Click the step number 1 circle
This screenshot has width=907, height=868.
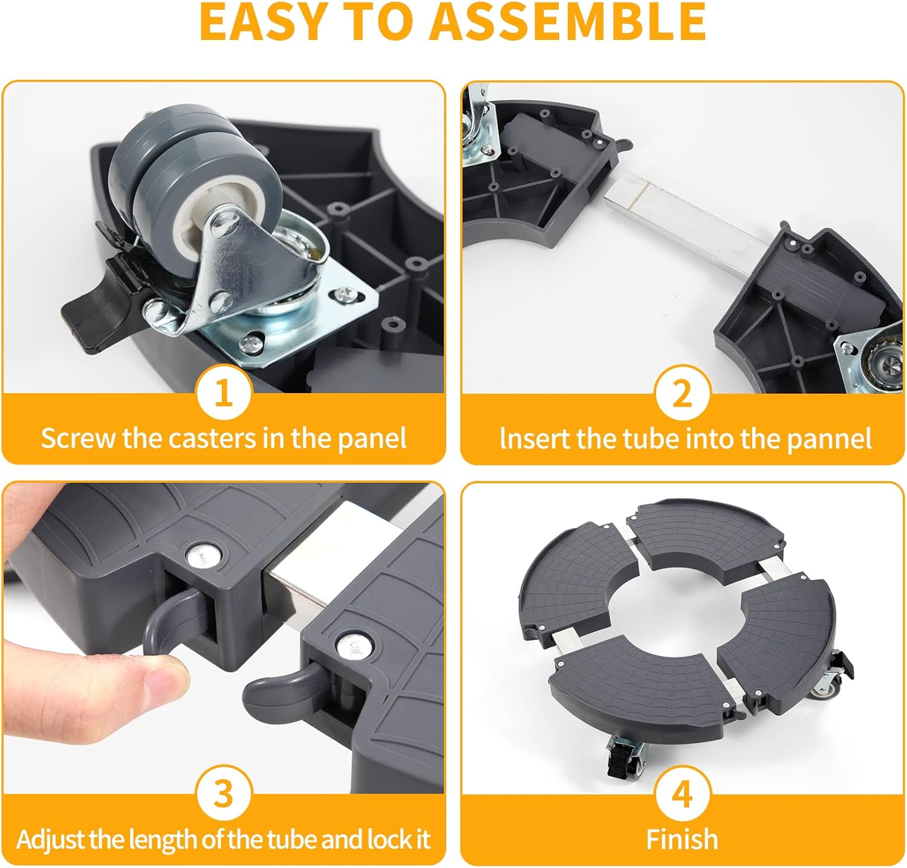coord(224,394)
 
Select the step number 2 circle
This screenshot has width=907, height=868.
coord(682,394)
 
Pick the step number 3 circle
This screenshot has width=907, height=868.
coord(224,793)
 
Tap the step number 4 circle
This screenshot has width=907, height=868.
coord(682,793)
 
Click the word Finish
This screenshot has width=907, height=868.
coord(682,840)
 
